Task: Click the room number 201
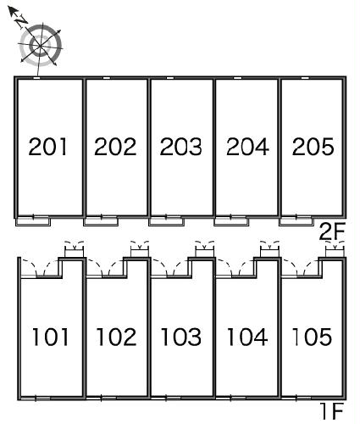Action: pos(48,147)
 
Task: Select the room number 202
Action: pos(115,147)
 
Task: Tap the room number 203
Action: pos(181,147)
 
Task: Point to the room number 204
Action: pos(247,147)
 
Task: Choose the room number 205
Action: pos(313,147)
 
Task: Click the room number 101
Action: pos(51,337)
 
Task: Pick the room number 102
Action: pos(116,337)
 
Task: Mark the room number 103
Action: pos(181,337)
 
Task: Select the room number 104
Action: pos(247,337)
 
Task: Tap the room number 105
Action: pos(312,337)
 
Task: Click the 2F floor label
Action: pos(332,232)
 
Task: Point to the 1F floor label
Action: pos(332,411)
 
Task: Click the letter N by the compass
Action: pos(21,21)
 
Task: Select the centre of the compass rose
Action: pos(40,45)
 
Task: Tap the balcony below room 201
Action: pos(33,220)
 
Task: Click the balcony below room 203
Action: pos(166,220)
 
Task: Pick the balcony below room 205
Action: pos(296,220)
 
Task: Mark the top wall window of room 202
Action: pos(107,78)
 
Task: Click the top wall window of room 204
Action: pos(238,78)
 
